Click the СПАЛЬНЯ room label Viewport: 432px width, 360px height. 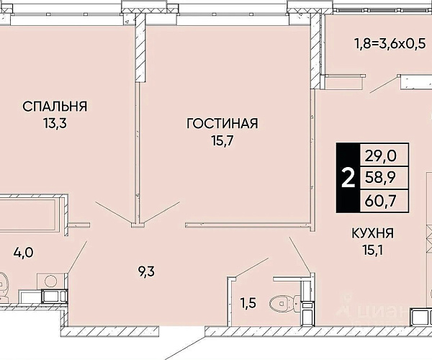[55, 107]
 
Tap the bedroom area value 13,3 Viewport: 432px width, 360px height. [55, 123]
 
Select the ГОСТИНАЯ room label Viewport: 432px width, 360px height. [222, 123]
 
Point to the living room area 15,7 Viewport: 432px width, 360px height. [222, 140]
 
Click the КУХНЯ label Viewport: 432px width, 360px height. [372, 233]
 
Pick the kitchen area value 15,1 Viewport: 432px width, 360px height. [372, 251]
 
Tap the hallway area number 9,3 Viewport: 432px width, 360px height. [146, 271]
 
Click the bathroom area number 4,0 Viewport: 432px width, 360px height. [24, 252]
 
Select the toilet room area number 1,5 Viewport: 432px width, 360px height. [248, 303]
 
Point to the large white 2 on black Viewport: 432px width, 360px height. [348, 178]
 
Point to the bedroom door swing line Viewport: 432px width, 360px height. [113, 212]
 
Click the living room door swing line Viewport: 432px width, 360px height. [162, 212]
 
